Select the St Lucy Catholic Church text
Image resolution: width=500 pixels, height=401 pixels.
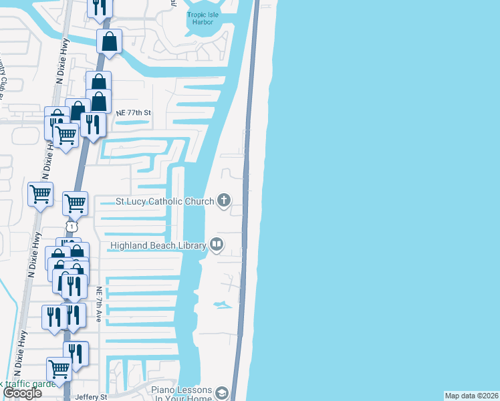(164, 201)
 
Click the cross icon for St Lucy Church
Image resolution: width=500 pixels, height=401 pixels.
(223, 200)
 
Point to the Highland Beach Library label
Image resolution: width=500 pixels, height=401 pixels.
(158, 246)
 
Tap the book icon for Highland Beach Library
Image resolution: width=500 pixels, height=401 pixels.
(217, 245)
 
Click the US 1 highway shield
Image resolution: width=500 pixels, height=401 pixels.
(70, 227)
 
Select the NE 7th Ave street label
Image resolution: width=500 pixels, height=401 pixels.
(99, 305)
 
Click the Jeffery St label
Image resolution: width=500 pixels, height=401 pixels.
(91, 397)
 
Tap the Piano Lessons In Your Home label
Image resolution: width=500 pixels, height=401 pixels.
(181, 394)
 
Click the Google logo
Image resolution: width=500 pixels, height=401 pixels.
(22, 393)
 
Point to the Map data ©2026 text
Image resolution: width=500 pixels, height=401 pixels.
(471, 396)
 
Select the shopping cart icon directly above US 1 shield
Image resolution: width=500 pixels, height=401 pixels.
(75, 202)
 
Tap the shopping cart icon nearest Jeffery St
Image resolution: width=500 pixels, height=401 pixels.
(59, 368)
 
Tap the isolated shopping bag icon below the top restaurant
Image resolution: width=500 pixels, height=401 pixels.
(109, 41)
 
